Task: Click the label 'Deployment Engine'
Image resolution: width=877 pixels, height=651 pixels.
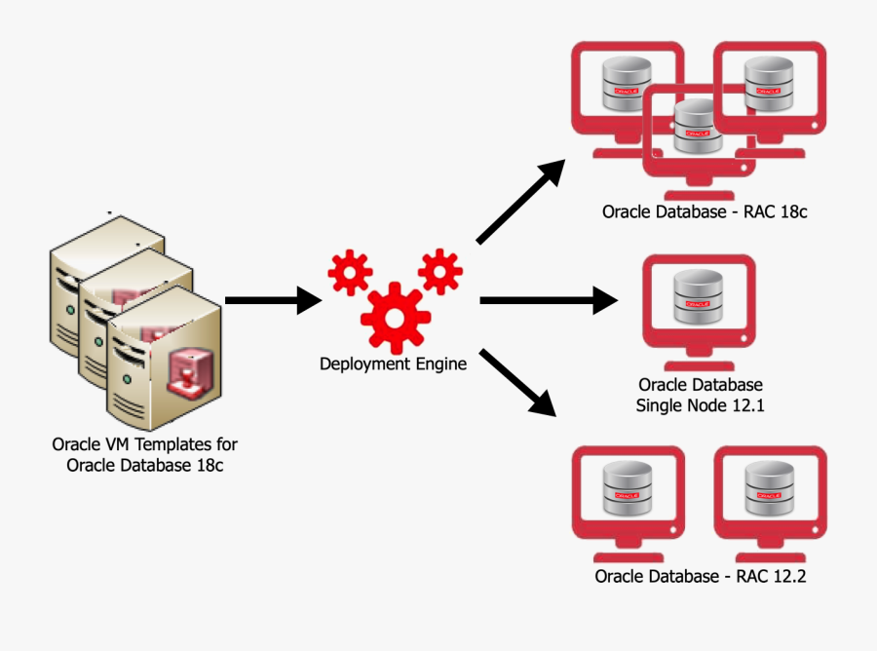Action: coord(394,364)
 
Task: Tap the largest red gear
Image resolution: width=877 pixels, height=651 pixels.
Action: coord(395,317)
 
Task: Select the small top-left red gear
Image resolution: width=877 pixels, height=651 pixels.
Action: coord(349,272)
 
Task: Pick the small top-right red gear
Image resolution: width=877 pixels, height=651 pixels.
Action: coord(439,270)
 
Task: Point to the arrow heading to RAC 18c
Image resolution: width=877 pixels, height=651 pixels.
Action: coord(520,202)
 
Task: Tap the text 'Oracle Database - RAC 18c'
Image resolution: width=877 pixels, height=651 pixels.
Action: coord(704,211)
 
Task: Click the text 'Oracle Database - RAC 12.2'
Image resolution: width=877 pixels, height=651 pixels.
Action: coord(701,576)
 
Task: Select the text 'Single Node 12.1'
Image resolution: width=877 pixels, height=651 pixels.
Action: coord(700,405)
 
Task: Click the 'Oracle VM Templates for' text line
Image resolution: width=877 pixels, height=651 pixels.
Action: coord(144,444)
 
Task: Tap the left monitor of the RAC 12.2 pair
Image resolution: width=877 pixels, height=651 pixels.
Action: coord(628,497)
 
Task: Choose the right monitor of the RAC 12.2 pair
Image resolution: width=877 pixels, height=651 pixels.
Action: coord(770,497)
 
